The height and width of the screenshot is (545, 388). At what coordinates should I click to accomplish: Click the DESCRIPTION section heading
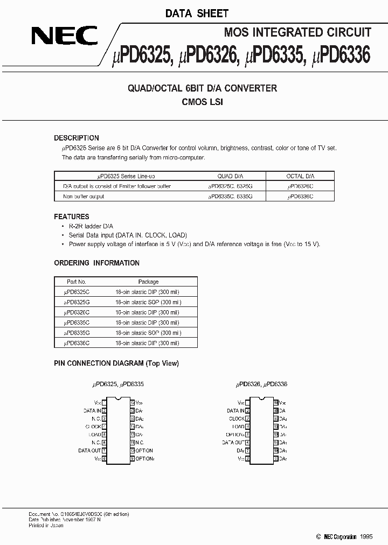[77, 138]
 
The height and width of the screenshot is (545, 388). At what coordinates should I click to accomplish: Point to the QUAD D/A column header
[230, 176]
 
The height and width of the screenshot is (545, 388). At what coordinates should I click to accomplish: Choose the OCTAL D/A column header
[300, 176]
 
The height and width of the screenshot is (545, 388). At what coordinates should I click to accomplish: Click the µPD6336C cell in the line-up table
[300, 197]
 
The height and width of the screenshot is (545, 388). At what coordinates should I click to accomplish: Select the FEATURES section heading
[72, 216]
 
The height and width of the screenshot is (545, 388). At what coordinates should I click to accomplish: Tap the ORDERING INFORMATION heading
[96, 263]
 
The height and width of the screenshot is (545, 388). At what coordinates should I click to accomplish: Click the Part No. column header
[76, 282]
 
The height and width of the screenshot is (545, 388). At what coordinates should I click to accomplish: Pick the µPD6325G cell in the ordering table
[77, 302]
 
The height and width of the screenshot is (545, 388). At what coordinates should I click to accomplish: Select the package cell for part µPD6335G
[148, 333]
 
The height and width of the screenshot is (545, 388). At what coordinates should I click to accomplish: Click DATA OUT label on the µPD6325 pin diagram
[89, 450]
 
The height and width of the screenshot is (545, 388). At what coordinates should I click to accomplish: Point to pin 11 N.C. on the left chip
[139, 442]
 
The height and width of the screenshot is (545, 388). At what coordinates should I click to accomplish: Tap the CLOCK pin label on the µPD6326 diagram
[237, 418]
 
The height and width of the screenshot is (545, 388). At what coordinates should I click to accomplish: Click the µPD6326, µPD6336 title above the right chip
[261, 385]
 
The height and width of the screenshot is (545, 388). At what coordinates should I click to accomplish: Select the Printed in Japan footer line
[46, 525]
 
